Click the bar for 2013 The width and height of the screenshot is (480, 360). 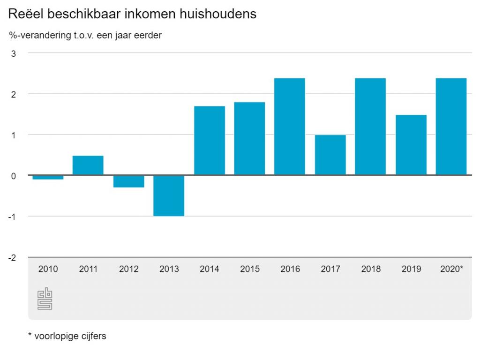[169, 195]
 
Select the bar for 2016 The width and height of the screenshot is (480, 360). [290, 127]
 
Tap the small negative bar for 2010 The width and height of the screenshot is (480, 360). [48, 177]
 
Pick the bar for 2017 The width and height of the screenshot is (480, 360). [330, 155]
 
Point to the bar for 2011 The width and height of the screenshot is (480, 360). [88, 165]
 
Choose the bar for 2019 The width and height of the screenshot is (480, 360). [411, 145]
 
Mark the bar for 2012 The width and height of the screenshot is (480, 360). [129, 181]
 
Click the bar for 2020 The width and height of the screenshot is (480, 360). [451, 127]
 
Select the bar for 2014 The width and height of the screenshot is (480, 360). [210, 141]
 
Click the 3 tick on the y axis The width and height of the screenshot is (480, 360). [14, 53]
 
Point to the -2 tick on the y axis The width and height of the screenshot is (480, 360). [12, 258]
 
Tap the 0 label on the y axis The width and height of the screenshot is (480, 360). [14, 176]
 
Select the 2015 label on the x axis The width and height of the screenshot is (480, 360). [250, 270]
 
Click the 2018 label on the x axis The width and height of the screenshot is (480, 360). [371, 270]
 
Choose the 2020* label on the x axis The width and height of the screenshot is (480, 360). [452, 270]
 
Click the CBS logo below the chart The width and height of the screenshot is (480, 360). [45, 299]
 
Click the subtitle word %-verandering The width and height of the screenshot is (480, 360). [37, 36]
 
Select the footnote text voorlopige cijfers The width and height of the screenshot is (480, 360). [70, 336]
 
